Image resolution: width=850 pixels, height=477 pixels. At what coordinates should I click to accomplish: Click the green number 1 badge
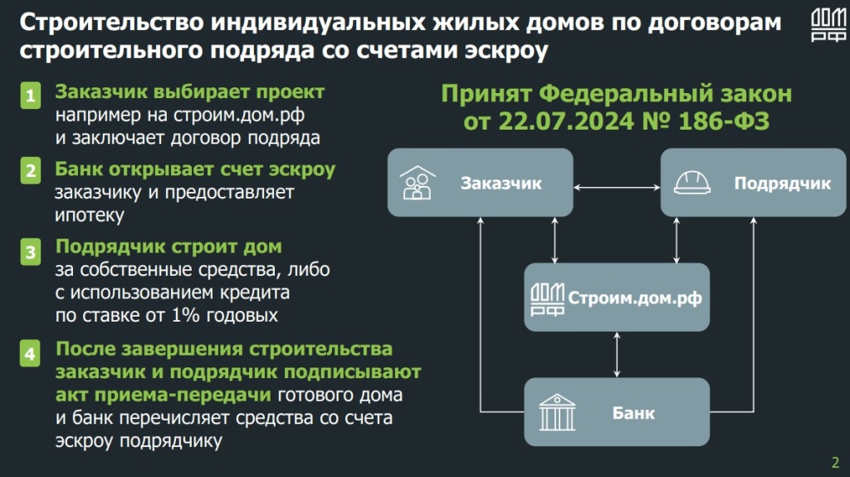click(31, 96)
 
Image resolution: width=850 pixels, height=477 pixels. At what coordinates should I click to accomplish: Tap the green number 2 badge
click(31, 170)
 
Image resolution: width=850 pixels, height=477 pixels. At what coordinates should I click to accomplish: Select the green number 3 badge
click(31, 252)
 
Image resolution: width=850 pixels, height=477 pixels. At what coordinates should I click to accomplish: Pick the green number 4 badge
click(31, 353)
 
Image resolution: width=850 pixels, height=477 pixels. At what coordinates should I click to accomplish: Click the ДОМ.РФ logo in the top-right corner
click(828, 26)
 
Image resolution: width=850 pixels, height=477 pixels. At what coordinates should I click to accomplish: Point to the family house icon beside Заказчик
click(418, 183)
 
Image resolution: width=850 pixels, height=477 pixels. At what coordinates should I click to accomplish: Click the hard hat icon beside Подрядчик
click(691, 183)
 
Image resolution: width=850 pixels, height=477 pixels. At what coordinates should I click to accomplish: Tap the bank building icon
click(557, 412)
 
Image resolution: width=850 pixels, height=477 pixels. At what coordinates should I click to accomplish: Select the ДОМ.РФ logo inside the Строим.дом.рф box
click(547, 299)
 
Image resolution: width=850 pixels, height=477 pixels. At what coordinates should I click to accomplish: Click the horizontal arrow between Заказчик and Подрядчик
click(617, 188)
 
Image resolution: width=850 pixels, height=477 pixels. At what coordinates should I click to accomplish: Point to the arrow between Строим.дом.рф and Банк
click(617, 354)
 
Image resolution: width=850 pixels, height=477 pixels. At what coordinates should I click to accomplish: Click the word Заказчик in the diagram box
click(501, 184)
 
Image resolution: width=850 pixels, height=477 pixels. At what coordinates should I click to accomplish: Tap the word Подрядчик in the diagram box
click(782, 184)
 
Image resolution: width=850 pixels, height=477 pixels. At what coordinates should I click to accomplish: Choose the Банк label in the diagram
click(633, 413)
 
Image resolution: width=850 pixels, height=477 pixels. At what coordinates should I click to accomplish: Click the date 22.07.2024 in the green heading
click(565, 121)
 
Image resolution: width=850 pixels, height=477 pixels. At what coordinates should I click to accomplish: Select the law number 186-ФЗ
click(724, 121)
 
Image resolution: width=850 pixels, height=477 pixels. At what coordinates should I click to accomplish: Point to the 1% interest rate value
click(185, 315)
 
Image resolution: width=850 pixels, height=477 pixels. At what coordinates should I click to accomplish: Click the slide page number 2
click(835, 462)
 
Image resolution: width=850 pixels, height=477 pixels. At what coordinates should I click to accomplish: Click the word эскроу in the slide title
click(506, 51)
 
